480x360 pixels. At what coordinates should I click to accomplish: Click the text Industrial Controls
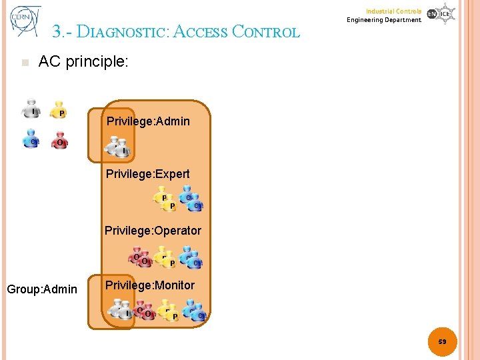[x=393, y=11]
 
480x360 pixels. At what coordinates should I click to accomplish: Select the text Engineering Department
[x=384, y=20]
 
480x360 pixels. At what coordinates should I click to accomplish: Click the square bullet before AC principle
[x=25, y=63]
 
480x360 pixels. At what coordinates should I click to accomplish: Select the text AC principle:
[x=83, y=62]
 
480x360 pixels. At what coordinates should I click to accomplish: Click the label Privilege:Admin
[x=148, y=121]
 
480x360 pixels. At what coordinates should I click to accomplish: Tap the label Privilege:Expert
[x=148, y=174]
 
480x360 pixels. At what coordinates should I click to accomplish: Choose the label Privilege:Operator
[x=153, y=231]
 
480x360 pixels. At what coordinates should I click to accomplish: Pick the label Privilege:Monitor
[x=150, y=285]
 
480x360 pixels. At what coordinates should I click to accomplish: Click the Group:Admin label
[x=42, y=289]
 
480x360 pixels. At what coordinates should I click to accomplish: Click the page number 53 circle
[x=443, y=341]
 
